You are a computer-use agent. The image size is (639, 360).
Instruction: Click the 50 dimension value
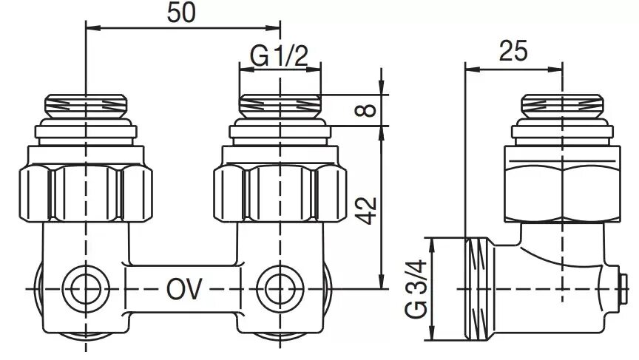pos(181,13)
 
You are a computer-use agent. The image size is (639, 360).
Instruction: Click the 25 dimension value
pos(513,50)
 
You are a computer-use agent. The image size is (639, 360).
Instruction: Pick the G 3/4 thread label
pos(416,288)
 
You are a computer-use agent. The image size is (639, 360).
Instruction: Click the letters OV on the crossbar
pos(184,289)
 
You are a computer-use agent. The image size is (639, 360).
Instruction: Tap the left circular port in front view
pos(86,289)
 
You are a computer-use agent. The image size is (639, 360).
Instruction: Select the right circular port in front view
pos(280,289)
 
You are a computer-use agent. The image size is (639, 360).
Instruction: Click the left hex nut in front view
pos(86,193)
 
